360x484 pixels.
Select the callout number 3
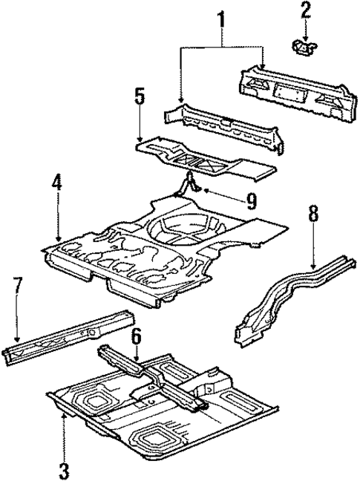pos(65,469)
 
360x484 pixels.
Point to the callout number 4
pos(58,183)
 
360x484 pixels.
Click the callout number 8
pos(313,215)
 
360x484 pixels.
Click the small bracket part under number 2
pos(304,47)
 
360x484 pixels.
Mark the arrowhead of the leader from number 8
pos(313,266)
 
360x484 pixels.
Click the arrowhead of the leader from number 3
pos(65,416)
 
